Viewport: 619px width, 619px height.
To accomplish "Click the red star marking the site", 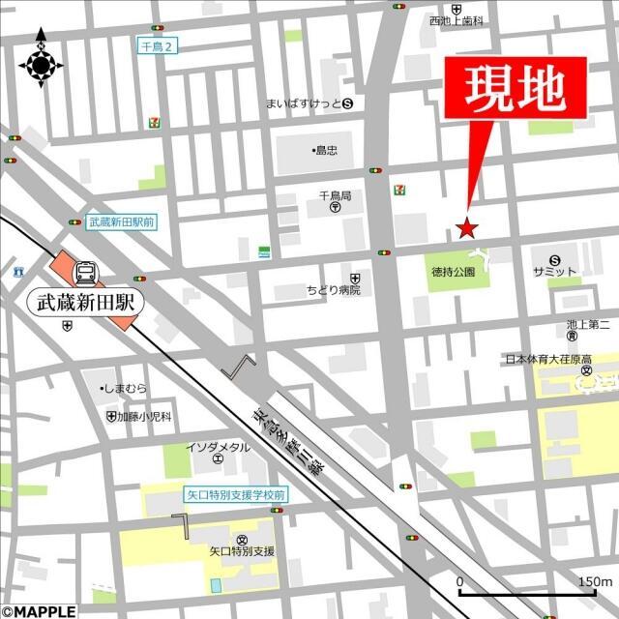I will coord(467,228).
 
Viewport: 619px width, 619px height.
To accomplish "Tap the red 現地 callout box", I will coord(516,90).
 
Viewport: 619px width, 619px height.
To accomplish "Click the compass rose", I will coord(41,65).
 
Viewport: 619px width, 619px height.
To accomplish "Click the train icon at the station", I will coord(83,270).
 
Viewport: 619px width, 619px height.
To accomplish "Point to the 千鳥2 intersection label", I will coord(158,45).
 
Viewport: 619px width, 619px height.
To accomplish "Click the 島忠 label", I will coord(326,150).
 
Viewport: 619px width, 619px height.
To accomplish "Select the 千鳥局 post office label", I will coord(335,196).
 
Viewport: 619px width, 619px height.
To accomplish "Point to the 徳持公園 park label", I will coord(454,273).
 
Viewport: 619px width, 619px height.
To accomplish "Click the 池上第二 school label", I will coord(587,325).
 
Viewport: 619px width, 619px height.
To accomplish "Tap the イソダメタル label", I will coord(218,447).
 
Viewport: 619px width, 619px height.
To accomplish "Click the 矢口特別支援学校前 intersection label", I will coord(236,494).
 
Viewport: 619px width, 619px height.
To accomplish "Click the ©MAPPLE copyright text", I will coord(37,611).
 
